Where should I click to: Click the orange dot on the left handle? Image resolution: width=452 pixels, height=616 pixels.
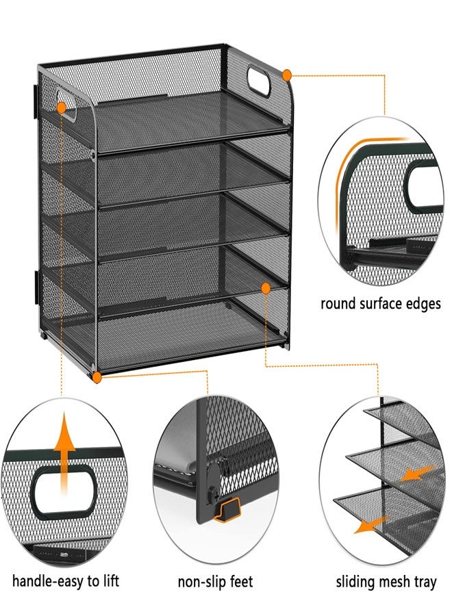point(62,107)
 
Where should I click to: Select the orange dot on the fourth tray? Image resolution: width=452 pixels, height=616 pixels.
point(266,289)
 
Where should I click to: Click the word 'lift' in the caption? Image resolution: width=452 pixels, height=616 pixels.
point(110,581)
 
